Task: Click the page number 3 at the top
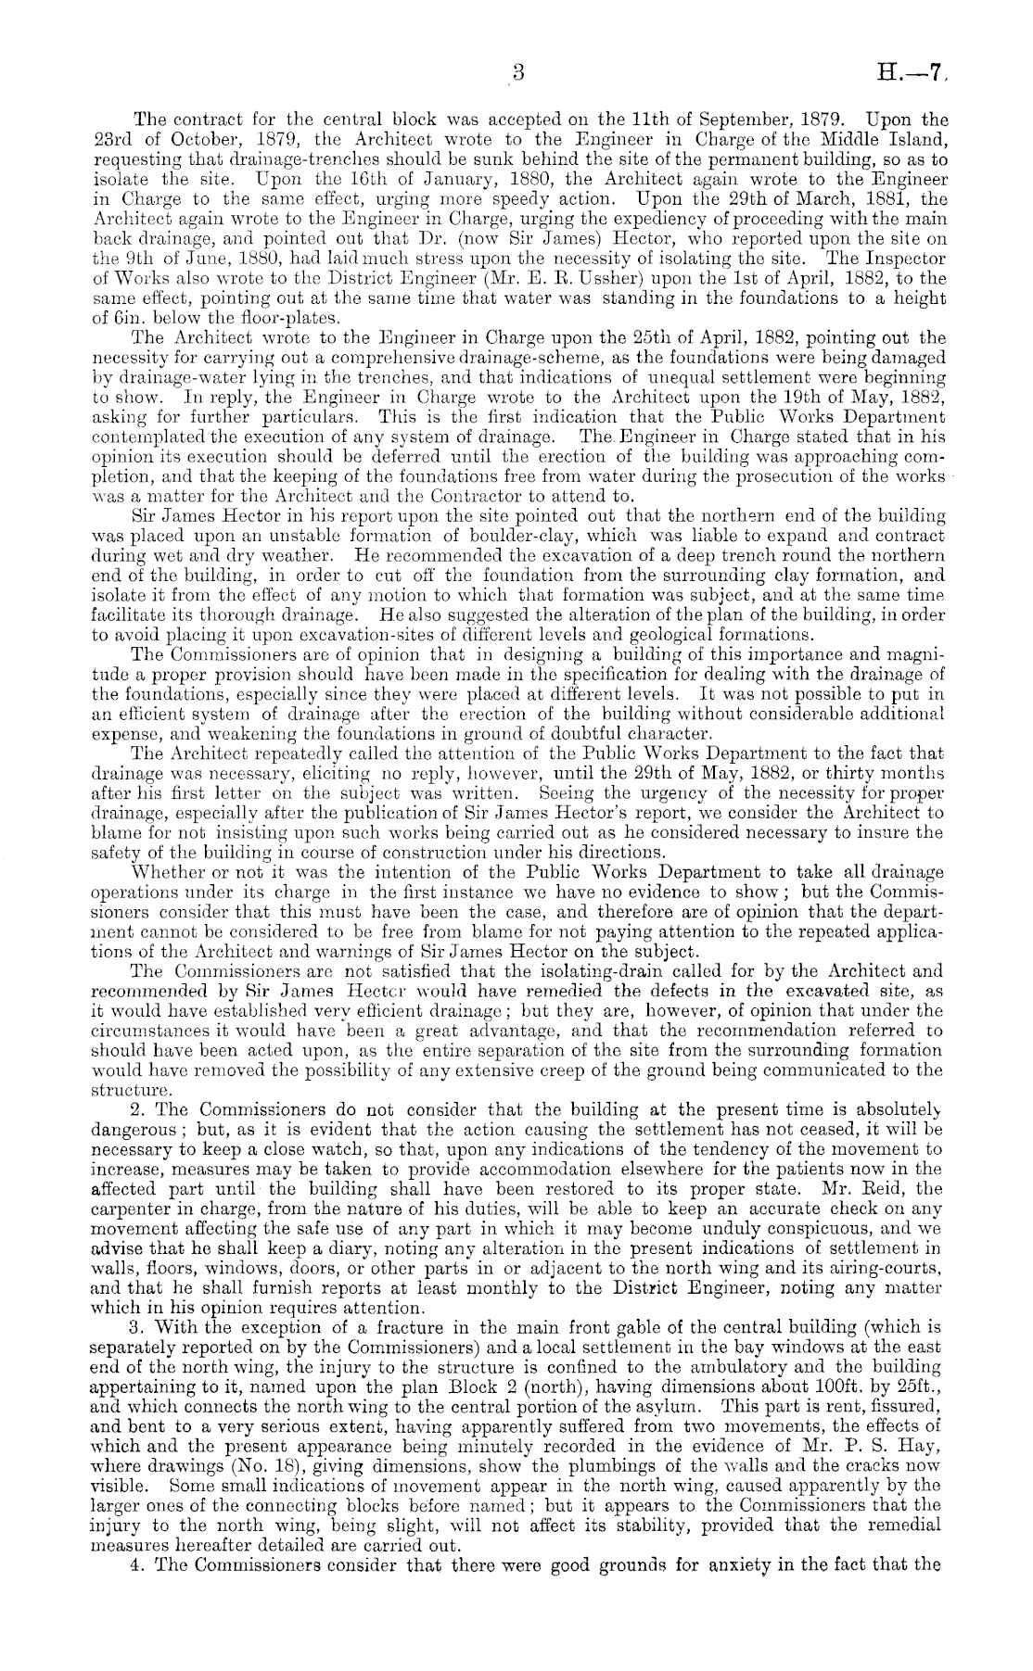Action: [x=518, y=72]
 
